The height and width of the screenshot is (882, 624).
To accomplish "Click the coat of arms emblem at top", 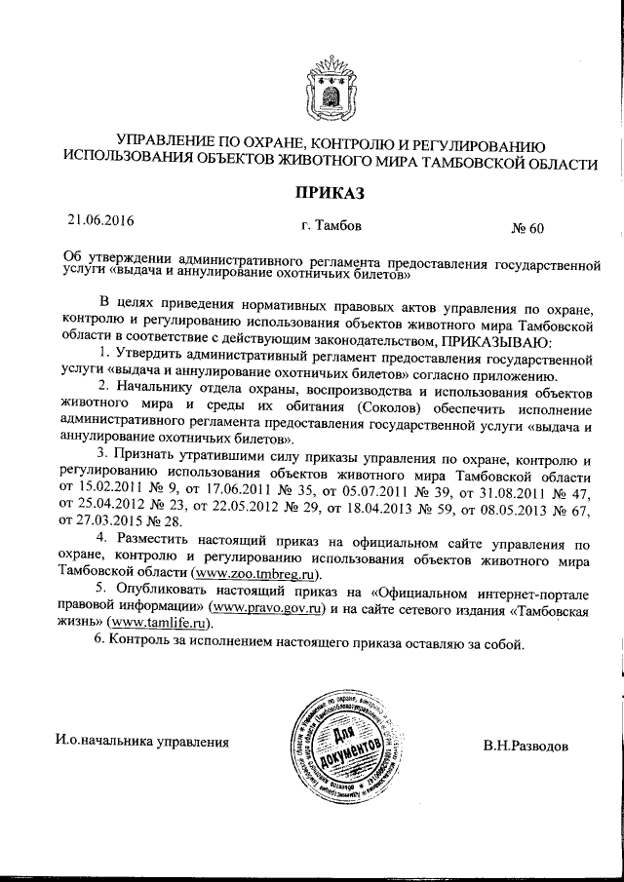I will pos(326,88).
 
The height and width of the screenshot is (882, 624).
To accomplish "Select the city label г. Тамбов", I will pos(331,225).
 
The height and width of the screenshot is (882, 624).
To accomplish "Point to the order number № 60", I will pos(527,229).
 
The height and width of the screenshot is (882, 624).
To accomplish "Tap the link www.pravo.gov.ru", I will pos(268,607).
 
